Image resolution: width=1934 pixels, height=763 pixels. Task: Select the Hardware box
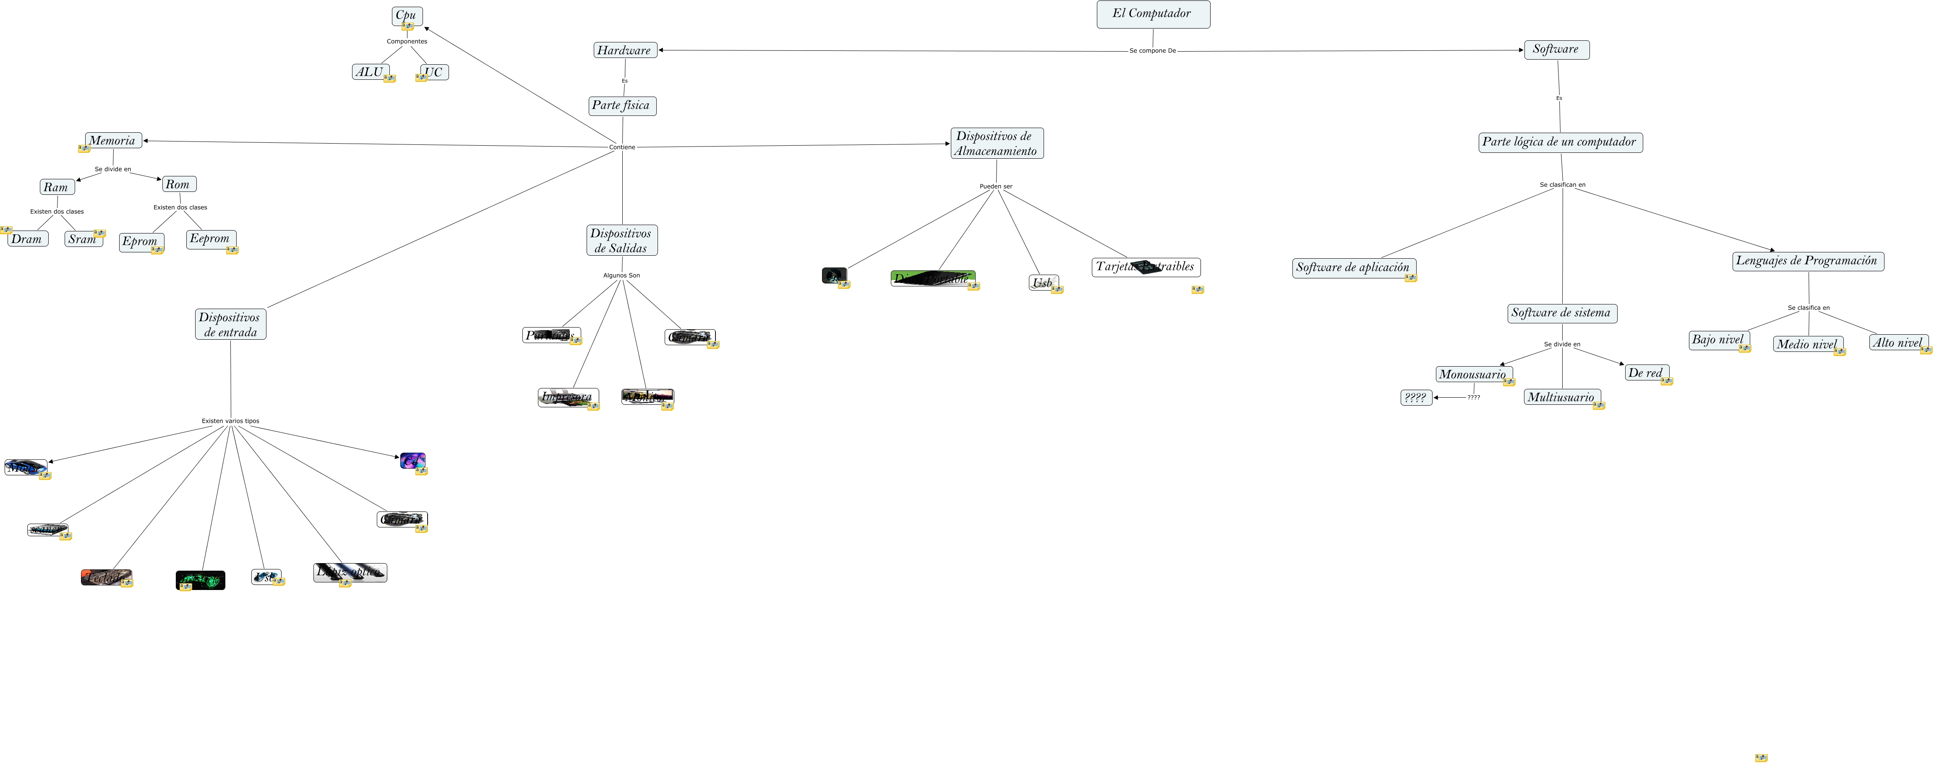[x=625, y=50]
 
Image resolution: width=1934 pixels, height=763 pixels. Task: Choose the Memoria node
[x=112, y=140]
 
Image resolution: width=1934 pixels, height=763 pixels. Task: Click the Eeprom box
[x=210, y=239]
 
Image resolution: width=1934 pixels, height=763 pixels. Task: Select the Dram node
[x=27, y=239]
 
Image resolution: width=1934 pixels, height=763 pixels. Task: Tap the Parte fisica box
[x=621, y=106]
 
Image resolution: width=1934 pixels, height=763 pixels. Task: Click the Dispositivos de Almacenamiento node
[x=996, y=144]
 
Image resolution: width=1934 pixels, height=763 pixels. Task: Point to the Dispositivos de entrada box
[x=230, y=325]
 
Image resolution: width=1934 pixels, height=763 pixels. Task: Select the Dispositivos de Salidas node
[x=621, y=240]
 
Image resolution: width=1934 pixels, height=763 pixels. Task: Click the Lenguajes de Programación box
[x=1807, y=261]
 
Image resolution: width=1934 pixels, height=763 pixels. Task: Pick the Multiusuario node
[x=1561, y=397]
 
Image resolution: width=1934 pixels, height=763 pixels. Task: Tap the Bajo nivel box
[x=1718, y=340]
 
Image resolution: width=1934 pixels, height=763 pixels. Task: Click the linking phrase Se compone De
[x=1152, y=51]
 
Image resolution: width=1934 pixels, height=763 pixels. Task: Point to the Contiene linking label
[x=621, y=147]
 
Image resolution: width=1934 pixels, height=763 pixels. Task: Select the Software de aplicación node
[x=1353, y=268]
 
